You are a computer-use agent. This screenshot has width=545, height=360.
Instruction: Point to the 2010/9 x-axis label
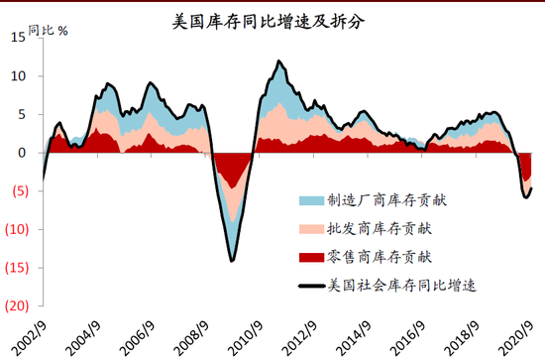coord(246,333)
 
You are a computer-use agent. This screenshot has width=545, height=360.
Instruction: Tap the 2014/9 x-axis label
coord(355,333)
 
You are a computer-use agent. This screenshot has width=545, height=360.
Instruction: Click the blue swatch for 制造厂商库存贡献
coord(310,200)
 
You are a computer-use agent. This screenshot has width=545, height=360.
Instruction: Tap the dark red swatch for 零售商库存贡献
coord(310,258)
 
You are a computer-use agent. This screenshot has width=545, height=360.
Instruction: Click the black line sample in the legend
coord(310,287)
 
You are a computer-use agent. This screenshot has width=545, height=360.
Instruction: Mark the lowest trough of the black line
coord(232,261)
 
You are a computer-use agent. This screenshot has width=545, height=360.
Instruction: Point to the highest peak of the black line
coord(279,61)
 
